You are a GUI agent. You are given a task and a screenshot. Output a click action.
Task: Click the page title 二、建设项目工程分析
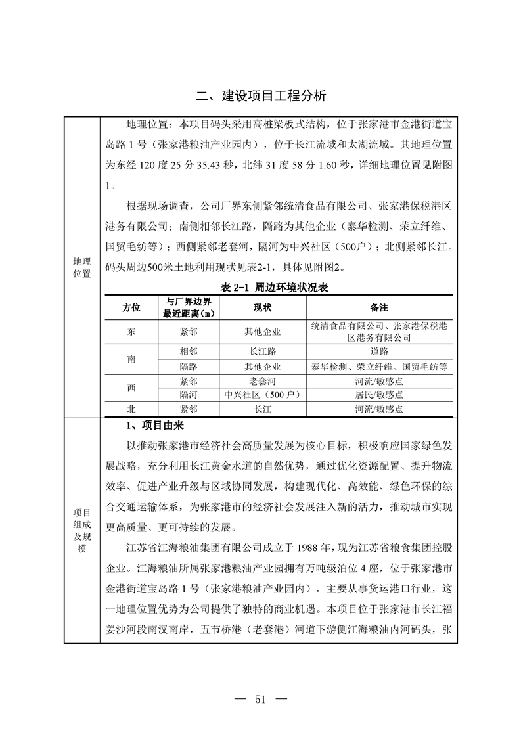coord(261,96)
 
